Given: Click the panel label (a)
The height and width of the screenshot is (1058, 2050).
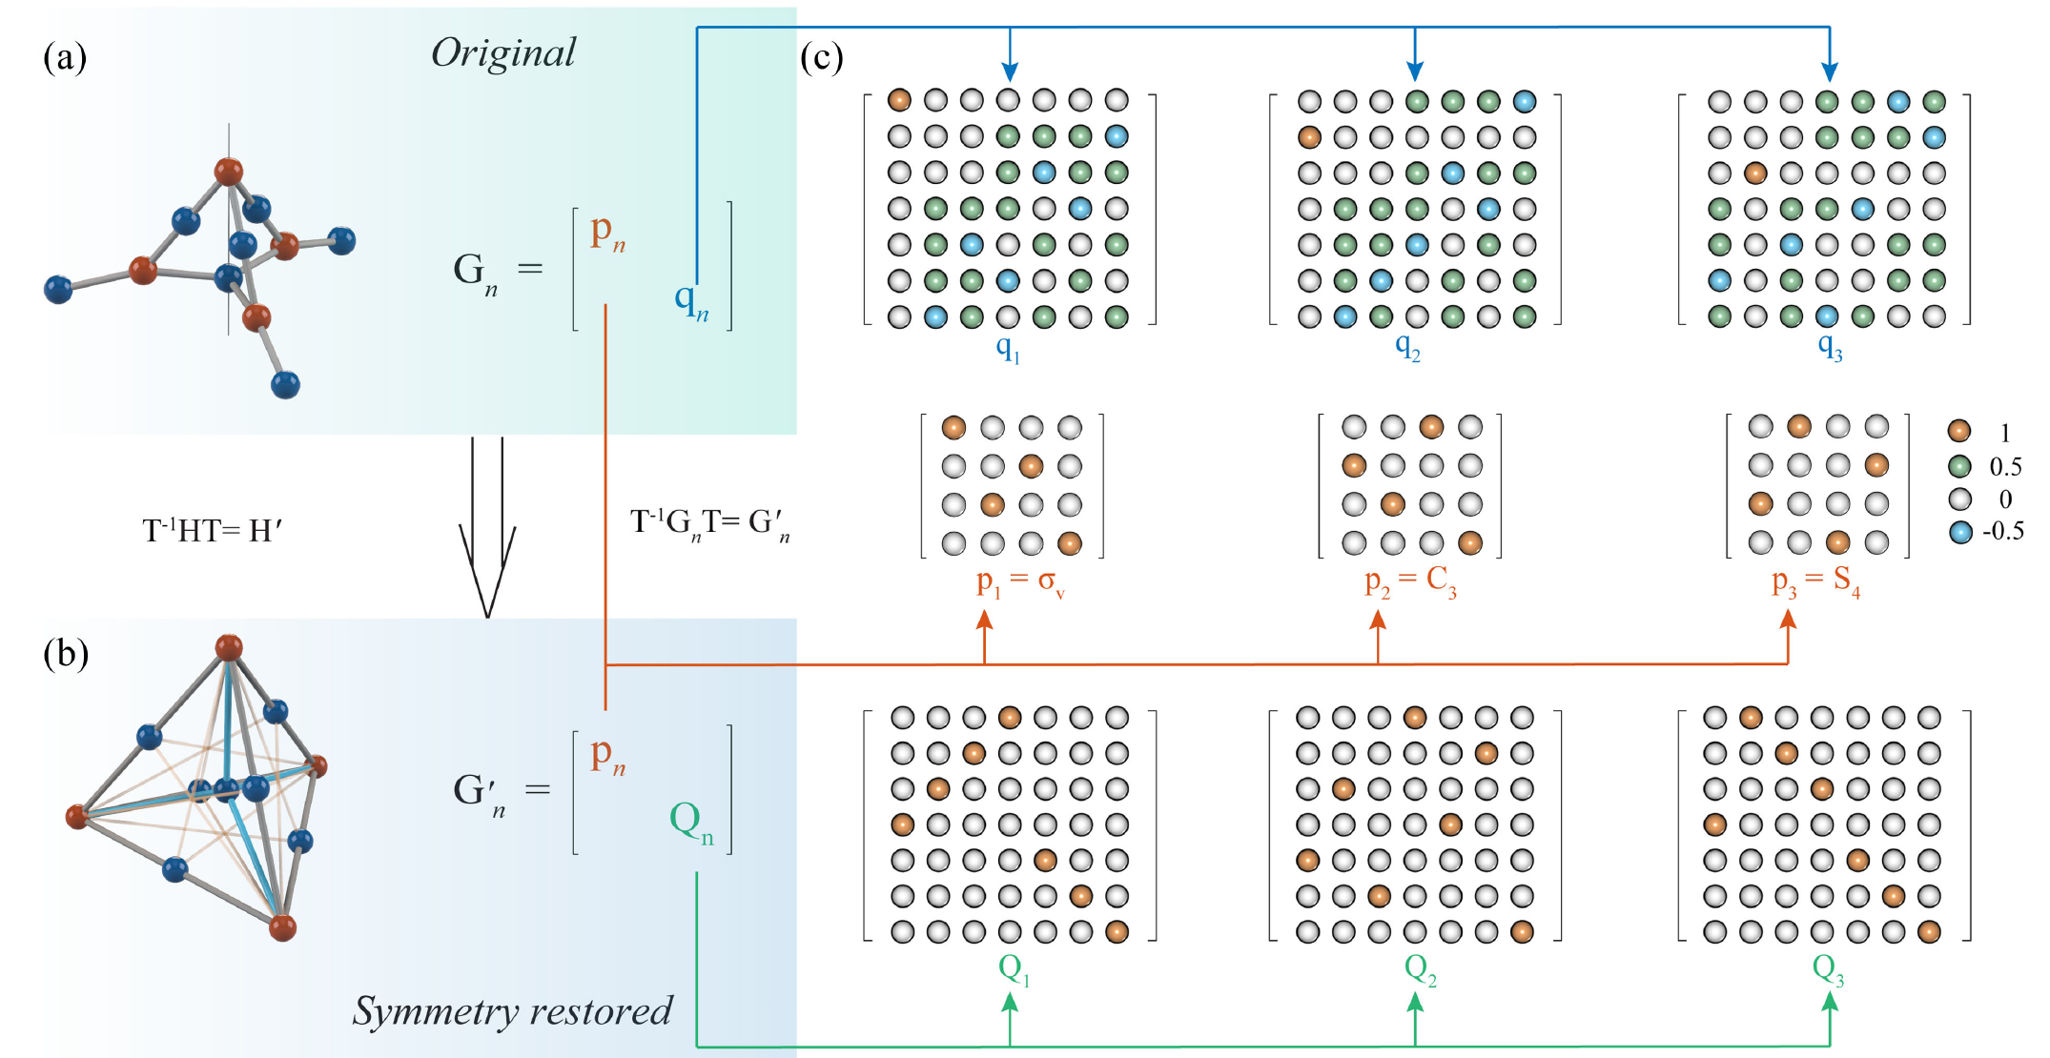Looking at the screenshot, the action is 65,58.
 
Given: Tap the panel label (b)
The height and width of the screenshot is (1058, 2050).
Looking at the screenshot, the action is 66,655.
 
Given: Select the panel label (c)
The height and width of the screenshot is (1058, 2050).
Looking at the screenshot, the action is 822,58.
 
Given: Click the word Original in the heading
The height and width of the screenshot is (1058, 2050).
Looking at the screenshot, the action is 503,53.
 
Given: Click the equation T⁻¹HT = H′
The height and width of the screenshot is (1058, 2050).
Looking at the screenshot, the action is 213,530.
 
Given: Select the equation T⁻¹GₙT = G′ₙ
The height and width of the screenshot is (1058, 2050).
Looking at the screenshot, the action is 710,522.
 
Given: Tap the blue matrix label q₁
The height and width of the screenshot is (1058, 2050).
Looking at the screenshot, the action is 1008,349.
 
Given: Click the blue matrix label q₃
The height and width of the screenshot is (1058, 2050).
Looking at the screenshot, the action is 1830,347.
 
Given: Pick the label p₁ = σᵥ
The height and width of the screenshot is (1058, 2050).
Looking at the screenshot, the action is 1020,582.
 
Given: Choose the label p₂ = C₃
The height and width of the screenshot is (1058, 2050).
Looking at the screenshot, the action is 1410,582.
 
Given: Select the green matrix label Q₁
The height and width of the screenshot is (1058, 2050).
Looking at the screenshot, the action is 1014,970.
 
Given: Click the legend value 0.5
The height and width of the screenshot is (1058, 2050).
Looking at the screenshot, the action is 2005,467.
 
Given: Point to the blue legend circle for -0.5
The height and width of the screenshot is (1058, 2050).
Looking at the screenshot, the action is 1960,532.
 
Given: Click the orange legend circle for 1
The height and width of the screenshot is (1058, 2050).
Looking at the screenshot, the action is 1959,431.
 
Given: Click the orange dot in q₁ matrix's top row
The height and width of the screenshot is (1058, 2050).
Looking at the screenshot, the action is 899,99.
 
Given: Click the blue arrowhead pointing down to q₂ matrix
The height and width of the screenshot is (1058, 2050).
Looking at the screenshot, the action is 1415,71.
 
